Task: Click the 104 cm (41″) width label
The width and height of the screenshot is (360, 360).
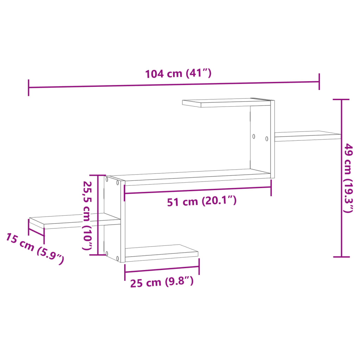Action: tap(178, 74)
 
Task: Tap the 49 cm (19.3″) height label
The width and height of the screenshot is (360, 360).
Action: tap(348, 178)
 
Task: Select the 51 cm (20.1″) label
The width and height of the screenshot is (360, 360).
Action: tap(201, 201)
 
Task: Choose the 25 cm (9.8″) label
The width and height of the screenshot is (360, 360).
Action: tap(162, 282)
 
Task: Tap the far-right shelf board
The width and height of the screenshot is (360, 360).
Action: tap(308, 136)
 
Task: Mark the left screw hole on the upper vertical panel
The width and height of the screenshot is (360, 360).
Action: tap(253, 136)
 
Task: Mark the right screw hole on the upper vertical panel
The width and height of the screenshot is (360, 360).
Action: tap(266, 139)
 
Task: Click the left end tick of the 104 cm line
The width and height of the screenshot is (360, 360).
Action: tap(28, 88)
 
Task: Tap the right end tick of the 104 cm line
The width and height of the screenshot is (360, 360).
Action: tap(319, 82)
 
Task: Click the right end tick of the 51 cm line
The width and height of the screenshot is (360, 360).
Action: tap(271, 187)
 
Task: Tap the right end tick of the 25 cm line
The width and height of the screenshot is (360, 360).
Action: tap(199, 266)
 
